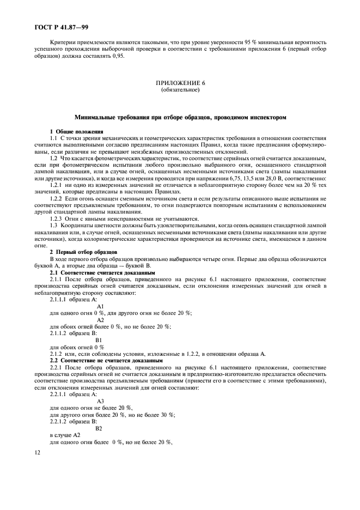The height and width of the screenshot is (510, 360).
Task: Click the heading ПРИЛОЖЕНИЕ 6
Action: click(180, 83)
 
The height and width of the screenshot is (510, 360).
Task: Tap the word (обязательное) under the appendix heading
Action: click(180, 89)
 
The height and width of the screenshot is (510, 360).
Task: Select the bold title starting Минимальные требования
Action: click(180, 117)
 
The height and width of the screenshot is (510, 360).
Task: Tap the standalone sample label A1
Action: click(100, 306)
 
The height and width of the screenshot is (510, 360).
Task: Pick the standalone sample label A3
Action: click(100, 401)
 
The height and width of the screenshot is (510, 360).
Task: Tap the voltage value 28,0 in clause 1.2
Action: click(274, 179)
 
